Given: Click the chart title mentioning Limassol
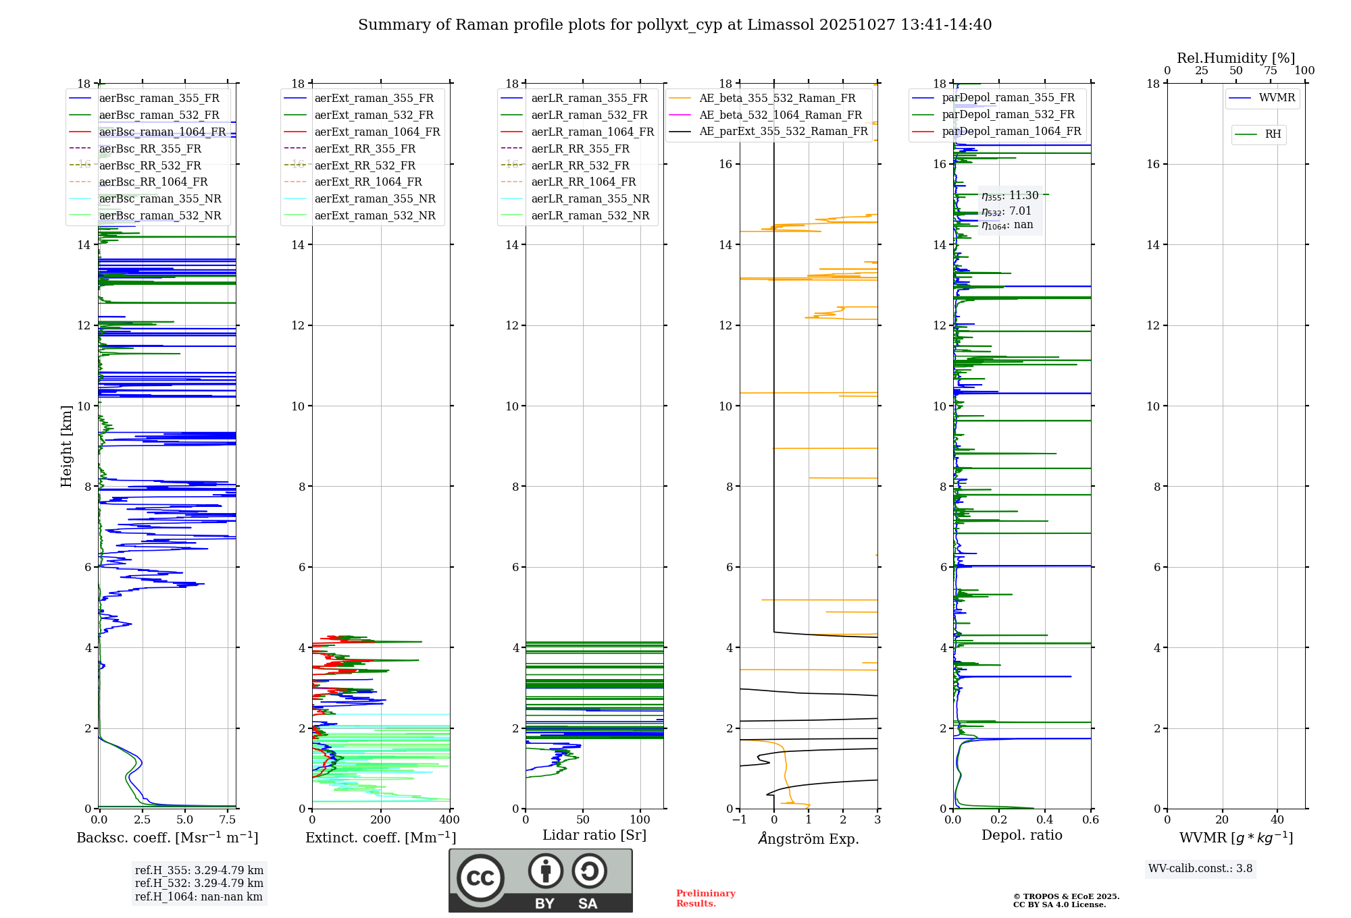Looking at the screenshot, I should click(675, 25).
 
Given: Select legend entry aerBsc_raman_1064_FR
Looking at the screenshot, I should click(162, 132).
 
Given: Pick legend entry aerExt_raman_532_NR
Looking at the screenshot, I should click(375, 215).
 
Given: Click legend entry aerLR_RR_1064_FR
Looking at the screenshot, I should click(583, 182).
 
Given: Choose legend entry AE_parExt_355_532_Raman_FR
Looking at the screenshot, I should click(783, 131).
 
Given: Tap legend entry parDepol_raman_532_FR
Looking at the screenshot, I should click(1008, 114).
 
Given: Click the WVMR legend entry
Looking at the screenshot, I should click(1277, 98).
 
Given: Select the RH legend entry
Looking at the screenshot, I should click(1273, 134).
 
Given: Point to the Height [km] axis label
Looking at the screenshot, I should click(66, 446).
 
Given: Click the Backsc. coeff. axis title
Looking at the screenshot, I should click(168, 838).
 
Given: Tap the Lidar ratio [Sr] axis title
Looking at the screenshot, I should click(594, 835).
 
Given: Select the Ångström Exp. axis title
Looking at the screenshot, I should click(809, 838).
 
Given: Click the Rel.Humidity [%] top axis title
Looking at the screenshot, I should click(1236, 58).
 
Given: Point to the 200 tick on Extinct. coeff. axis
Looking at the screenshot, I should click(381, 820).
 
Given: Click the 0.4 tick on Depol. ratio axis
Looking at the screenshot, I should click(1045, 820).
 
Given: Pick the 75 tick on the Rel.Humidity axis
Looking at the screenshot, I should click(1271, 71).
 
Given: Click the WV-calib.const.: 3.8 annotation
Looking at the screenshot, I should click(1200, 869).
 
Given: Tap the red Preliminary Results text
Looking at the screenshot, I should click(705, 898).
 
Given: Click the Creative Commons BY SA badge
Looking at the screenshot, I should click(540, 880).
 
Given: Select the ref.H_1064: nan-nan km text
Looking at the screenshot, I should click(199, 896).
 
